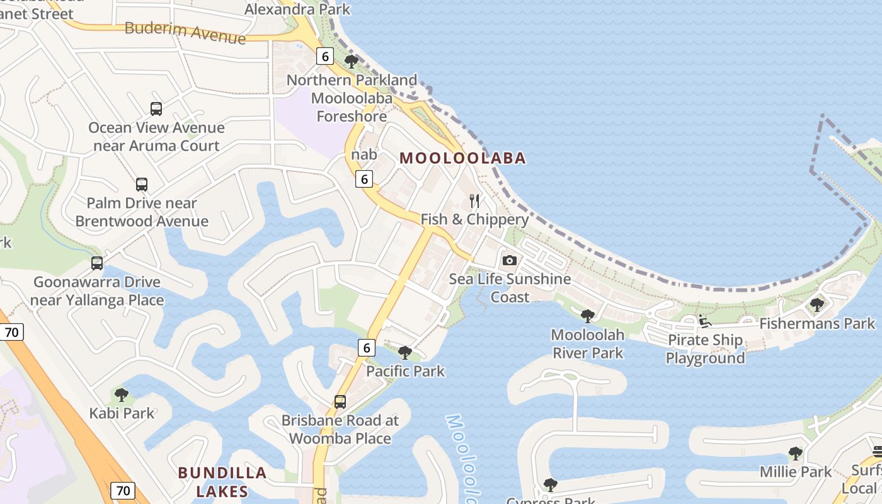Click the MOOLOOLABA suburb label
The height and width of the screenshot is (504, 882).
pos(462,158)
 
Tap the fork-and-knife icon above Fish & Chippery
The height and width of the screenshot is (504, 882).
pos(474,201)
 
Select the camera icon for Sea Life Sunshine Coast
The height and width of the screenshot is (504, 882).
pos(509,260)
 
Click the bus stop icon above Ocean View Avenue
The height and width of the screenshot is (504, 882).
pos(156,109)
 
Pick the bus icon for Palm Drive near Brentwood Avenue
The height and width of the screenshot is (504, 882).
pos(142,185)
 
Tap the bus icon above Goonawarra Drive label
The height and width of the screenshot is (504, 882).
pos(96,263)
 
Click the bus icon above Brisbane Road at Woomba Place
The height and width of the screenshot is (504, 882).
pos(340,401)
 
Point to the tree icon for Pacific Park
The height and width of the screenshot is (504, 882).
pos(405,353)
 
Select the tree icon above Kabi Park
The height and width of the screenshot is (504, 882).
pos(121,395)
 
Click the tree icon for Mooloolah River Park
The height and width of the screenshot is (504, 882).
pos(587,316)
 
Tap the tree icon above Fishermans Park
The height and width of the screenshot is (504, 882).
pos(816,305)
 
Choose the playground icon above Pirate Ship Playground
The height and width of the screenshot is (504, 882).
pos(705,321)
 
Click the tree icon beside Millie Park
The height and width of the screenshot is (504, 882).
pos(795,453)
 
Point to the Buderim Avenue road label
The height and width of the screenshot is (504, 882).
pos(185,32)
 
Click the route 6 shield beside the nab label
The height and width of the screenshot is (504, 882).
pos(364,179)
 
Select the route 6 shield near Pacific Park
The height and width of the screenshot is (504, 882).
pos(366,347)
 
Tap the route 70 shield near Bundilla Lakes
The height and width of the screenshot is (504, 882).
pos(123,490)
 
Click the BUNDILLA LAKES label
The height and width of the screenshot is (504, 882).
pos(222,481)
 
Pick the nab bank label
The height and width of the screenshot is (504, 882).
pos(364,154)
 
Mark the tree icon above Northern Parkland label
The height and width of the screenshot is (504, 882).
pos(352,62)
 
